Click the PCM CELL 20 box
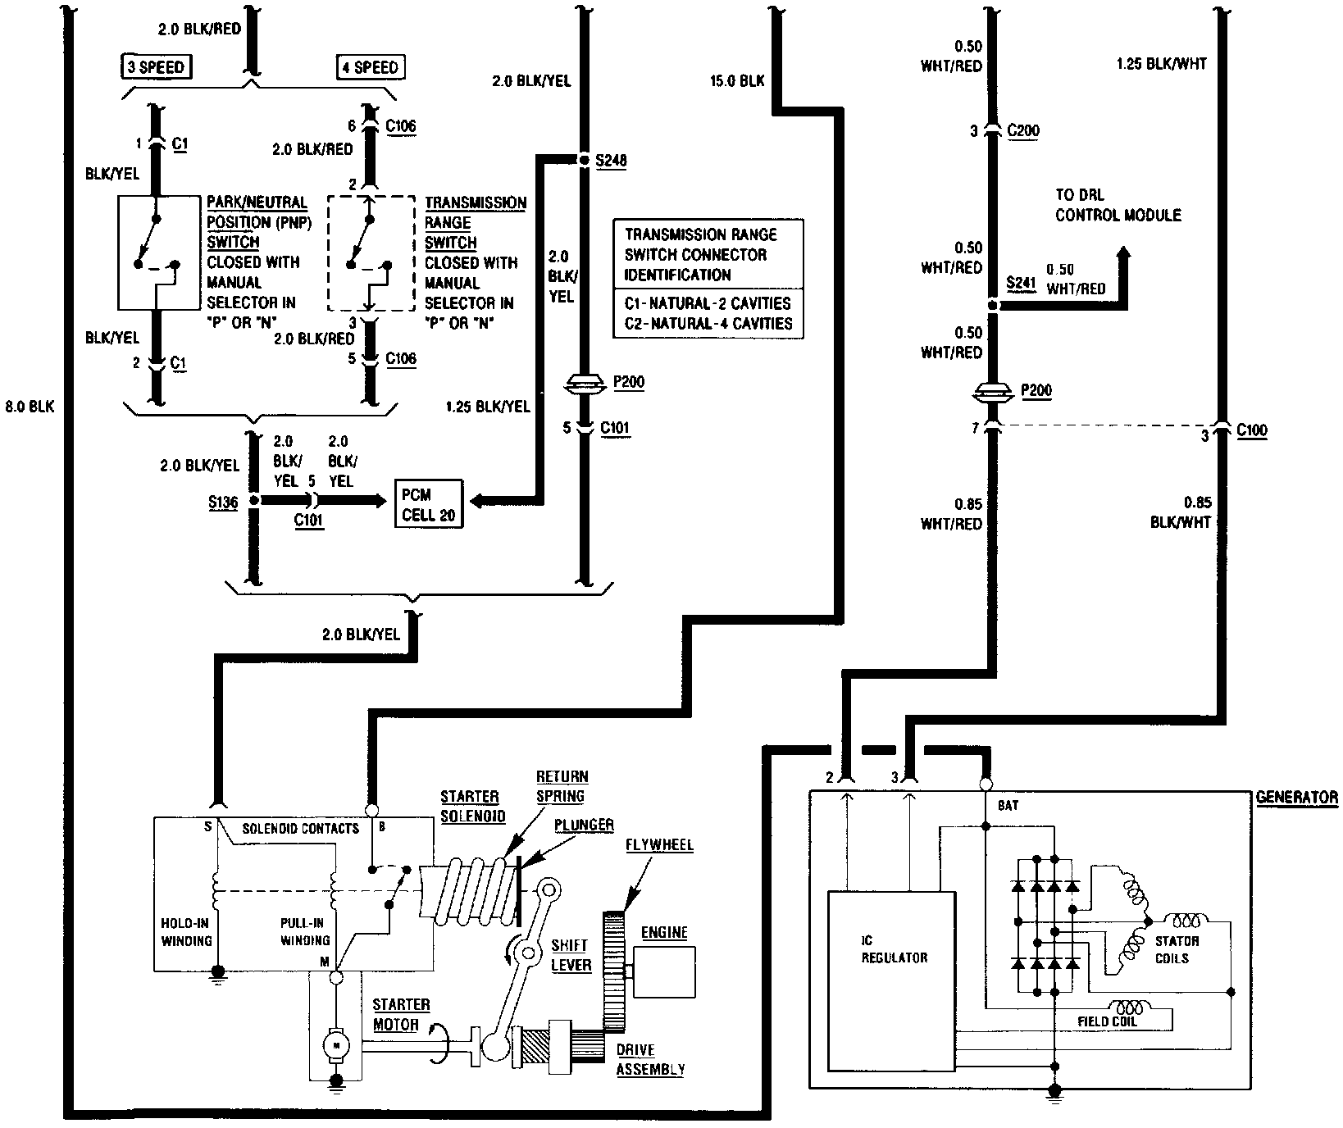pyautogui.click(x=429, y=504)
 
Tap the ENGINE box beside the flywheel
pyautogui.click(x=663, y=972)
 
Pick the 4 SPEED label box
pyautogui.click(x=371, y=67)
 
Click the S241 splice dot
pyautogui.click(x=993, y=306)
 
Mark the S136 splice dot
pyautogui.click(x=253, y=499)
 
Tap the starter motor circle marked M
pyautogui.click(x=335, y=1044)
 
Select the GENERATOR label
pyautogui.click(x=1296, y=797)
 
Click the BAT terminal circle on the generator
pyautogui.click(x=986, y=785)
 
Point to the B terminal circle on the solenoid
pyautogui.click(x=371, y=810)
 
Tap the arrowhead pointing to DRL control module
pyautogui.click(x=1123, y=255)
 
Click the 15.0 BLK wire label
pyautogui.click(x=739, y=80)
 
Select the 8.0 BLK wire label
pyautogui.click(x=30, y=407)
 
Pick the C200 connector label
pyautogui.click(x=1023, y=130)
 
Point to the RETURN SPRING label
pyautogui.click(x=562, y=785)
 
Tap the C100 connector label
pyautogui.click(x=1251, y=431)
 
